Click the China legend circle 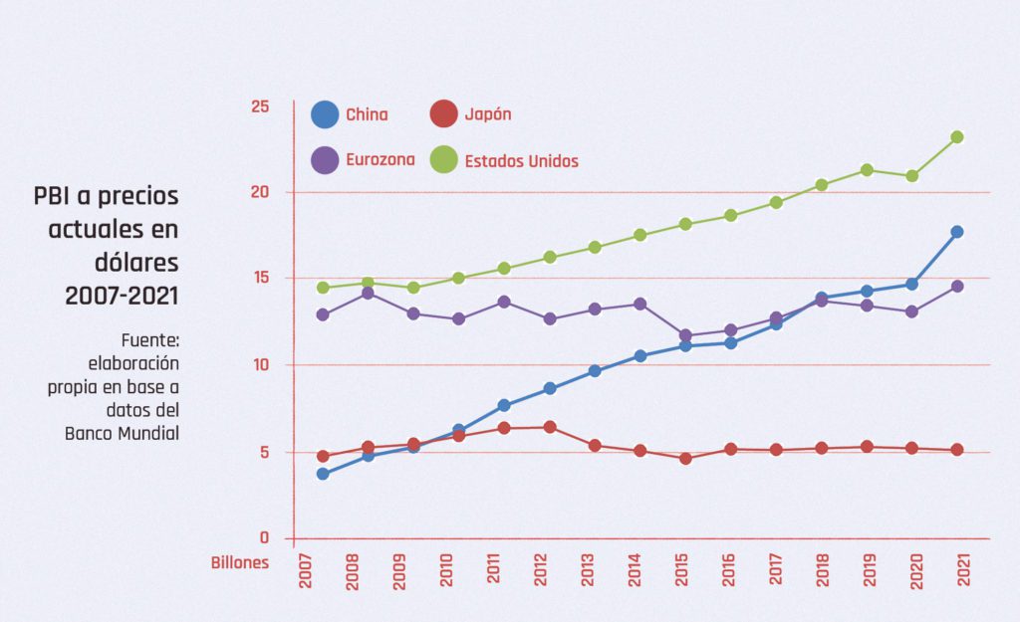(325, 114)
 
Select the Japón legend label (488, 114)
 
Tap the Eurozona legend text (380, 160)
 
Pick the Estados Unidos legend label (521, 161)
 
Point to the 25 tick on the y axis (260, 106)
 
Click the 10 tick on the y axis (261, 364)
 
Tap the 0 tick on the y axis (264, 537)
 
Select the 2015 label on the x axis (681, 570)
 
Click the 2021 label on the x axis (964, 570)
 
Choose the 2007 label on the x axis (305, 571)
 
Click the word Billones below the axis (239, 563)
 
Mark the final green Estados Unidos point (957, 137)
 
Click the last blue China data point (957, 232)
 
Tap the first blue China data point (323, 474)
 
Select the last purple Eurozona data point (957, 286)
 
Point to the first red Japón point (323, 456)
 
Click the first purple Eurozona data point (323, 314)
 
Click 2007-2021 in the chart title (122, 296)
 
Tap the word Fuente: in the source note (150, 340)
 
